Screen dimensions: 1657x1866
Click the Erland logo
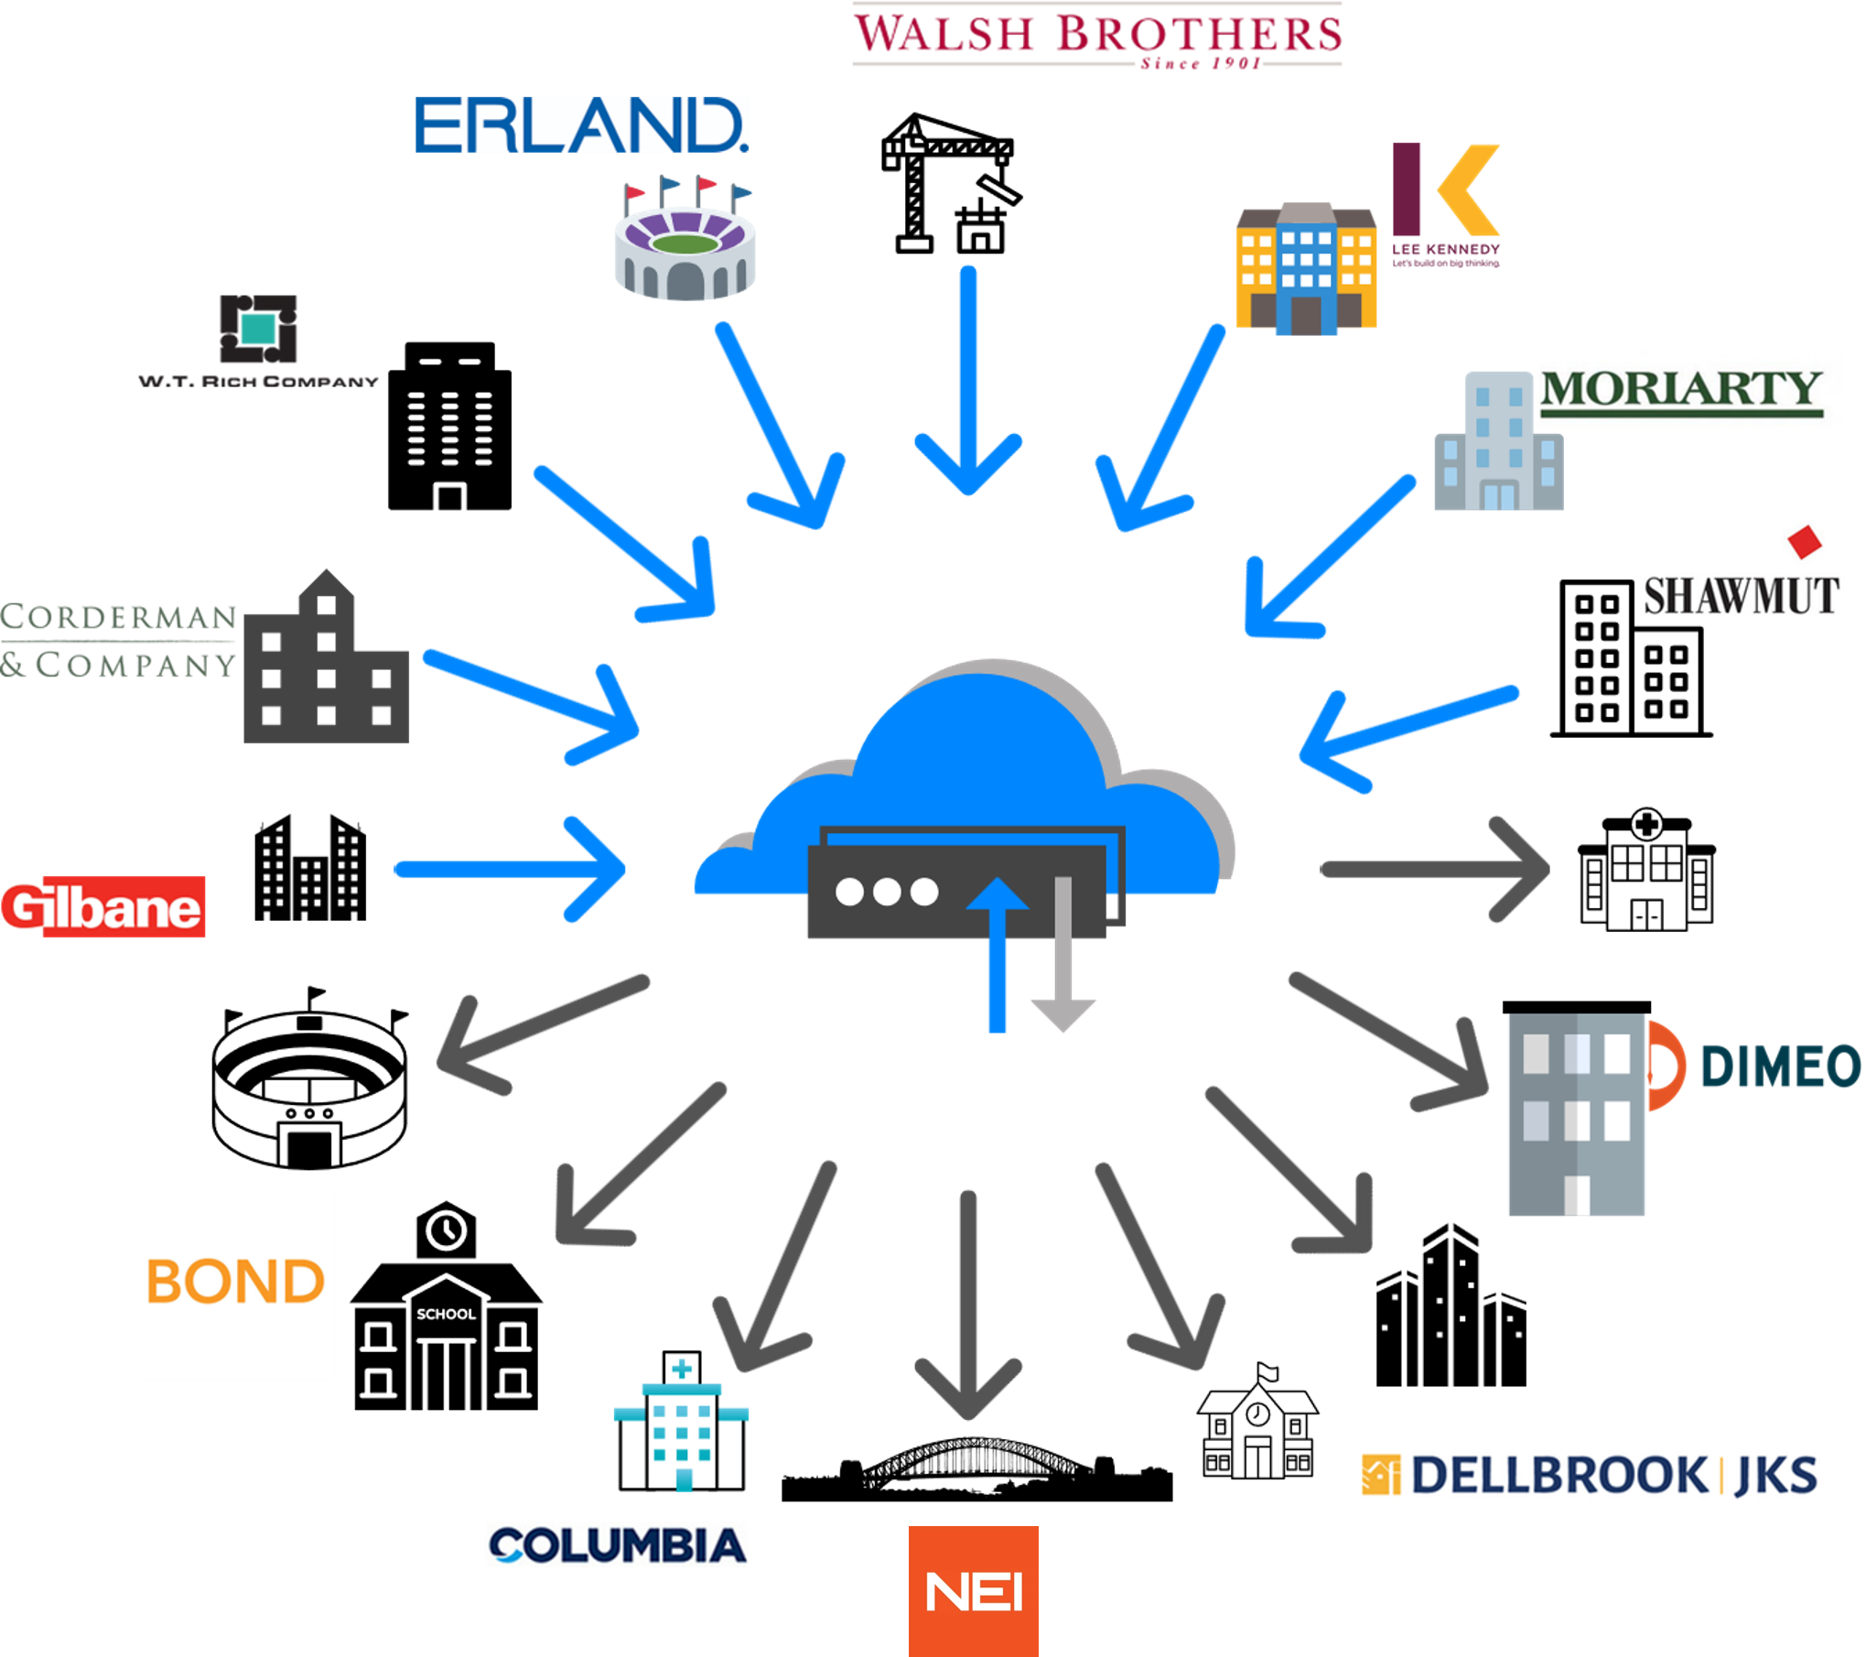pos(578,135)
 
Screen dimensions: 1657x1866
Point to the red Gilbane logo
pos(102,907)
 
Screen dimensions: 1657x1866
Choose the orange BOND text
pos(235,1281)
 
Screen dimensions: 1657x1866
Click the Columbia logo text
pos(618,1546)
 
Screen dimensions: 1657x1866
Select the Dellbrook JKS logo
pos(1590,1476)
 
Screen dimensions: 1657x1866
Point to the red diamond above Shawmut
pos(1805,540)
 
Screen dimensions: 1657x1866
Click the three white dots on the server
pos(886,892)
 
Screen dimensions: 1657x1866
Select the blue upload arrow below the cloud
pos(998,961)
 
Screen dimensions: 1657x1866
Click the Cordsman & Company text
pos(119,641)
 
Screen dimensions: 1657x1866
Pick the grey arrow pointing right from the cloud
pos(1437,871)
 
